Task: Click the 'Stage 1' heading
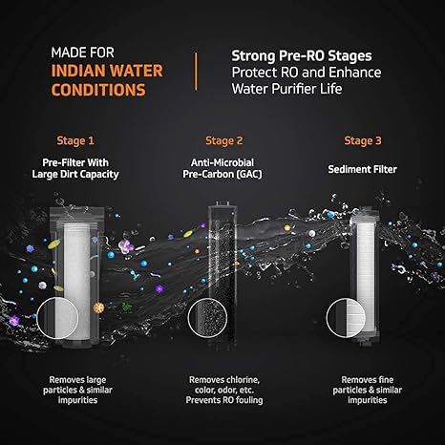click(75, 140)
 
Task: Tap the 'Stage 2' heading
click(224, 140)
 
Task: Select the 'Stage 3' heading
click(363, 140)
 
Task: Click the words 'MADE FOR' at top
click(82, 53)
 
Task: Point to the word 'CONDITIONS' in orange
click(98, 90)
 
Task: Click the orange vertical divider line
click(196, 72)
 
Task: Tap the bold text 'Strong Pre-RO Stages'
click(302, 56)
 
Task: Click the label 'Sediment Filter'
click(363, 169)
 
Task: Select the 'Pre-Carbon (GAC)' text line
click(222, 175)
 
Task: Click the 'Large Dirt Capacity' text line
click(75, 175)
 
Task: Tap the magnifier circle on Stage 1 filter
click(57, 318)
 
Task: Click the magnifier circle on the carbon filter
click(207, 318)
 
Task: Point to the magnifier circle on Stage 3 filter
click(346, 318)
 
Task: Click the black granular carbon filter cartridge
click(222, 275)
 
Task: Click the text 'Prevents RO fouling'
click(224, 400)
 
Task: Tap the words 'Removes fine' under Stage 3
click(368, 380)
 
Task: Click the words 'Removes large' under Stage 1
click(77, 380)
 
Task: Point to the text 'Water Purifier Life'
click(286, 89)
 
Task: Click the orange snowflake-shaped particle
click(99, 307)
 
